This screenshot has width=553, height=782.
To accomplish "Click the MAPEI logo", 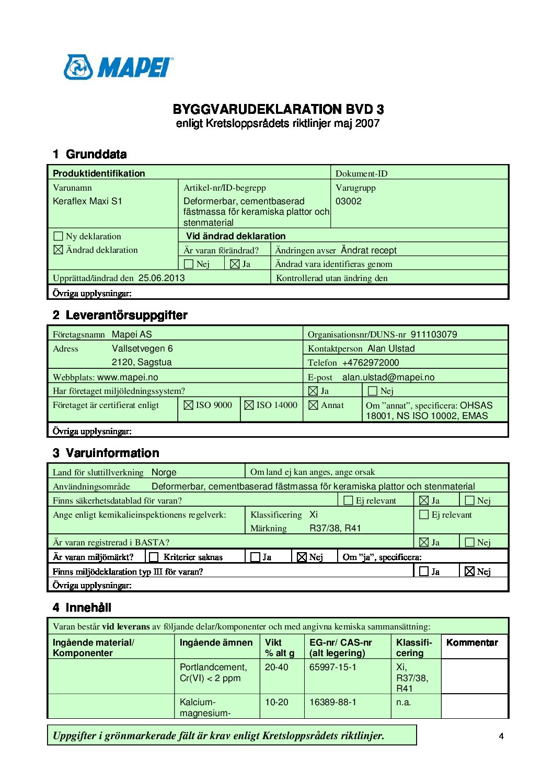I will pyautogui.click(x=119, y=67).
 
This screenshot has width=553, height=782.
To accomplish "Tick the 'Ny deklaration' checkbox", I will pyautogui.click(x=59, y=236).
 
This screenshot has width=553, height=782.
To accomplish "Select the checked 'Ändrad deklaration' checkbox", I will pyautogui.click(x=59, y=250).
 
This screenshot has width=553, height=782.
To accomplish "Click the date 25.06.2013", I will pyautogui.click(x=162, y=278).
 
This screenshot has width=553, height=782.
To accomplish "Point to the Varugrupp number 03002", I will pyautogui.click(x=348, y=201).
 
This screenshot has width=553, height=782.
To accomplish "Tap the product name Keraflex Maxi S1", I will pyautogui.click(x=87, y=201).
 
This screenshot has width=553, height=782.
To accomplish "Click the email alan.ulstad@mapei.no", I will pyautogui.click(x=388, y=377).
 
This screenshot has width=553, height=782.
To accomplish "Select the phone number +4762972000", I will pyautogui.click(x=371, y=363).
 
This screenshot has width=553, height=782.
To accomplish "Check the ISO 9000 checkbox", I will pyautogui.click(x=189, y=405).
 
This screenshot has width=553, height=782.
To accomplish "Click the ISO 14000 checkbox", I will pyautogui.click(x=249, y=405).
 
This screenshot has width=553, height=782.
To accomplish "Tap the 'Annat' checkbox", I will pyautogui.click(x=314, y=405).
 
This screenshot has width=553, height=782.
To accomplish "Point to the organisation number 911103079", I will pyautogui.click(x=434, y=334).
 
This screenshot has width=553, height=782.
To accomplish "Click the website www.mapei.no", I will pyautogui.click(x=128, y=377).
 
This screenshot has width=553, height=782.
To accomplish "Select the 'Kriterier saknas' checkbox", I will pyautogui.click(x=154, y=557).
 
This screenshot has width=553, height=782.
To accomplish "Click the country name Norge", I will pyautogui.click(x=164, y=472).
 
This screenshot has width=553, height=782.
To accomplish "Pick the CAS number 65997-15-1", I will pyautogui.click(x=333, y=667).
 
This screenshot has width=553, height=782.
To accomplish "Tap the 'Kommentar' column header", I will pyautogui.click(x=472, y=643).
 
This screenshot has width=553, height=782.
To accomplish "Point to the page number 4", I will pyautogui.click(x=501, y=736).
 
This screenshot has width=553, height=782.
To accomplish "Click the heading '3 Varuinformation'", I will pyautogui.click(x=106, y=453).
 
